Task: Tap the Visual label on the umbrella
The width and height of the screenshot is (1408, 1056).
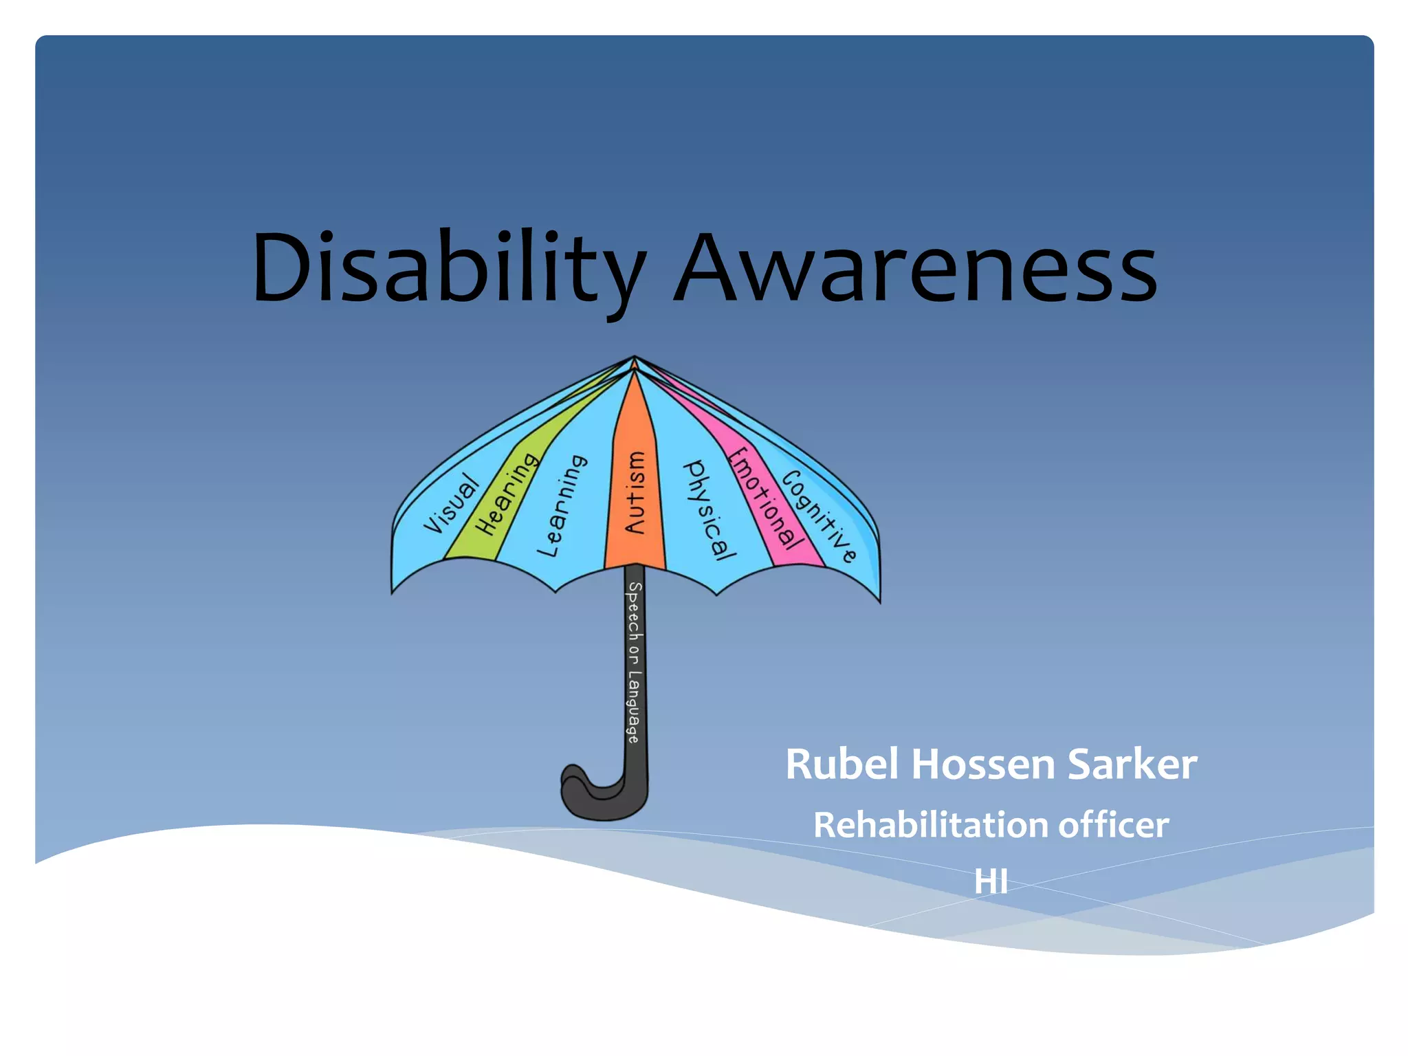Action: tap(452, 504)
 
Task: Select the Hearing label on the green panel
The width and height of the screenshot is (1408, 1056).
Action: tap(509, 493)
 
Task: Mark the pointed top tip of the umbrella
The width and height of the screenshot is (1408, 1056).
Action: tap(635, 357)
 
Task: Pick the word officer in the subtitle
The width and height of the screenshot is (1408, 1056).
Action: tap(1113, 824)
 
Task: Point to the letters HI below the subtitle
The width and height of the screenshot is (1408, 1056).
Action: tap(991, 881)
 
